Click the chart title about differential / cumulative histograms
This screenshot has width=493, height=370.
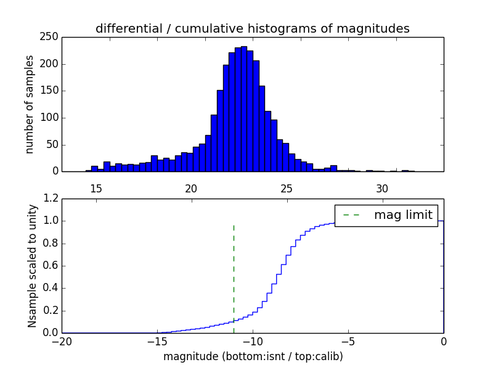[x=252, y=28]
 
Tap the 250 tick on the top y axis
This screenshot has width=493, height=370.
[x=51, y=37]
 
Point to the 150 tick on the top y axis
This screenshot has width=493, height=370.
[x=51, y=91]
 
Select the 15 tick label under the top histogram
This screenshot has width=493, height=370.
[x=96, y=188]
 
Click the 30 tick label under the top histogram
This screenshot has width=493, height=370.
[x=382, y=188]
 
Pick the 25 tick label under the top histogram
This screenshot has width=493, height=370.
[x=287, y=188]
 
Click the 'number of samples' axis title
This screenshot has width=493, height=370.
[x=30, y=104]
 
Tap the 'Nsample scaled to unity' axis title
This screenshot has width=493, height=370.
[x=32, y=266]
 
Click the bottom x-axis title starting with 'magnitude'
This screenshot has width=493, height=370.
[x=253, y=356]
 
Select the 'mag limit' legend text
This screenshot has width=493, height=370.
[x=403, y=215]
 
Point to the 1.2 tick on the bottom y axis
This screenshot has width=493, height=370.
[x=51, y=199]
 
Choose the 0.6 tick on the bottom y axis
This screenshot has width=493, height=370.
[x=51, y=266]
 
